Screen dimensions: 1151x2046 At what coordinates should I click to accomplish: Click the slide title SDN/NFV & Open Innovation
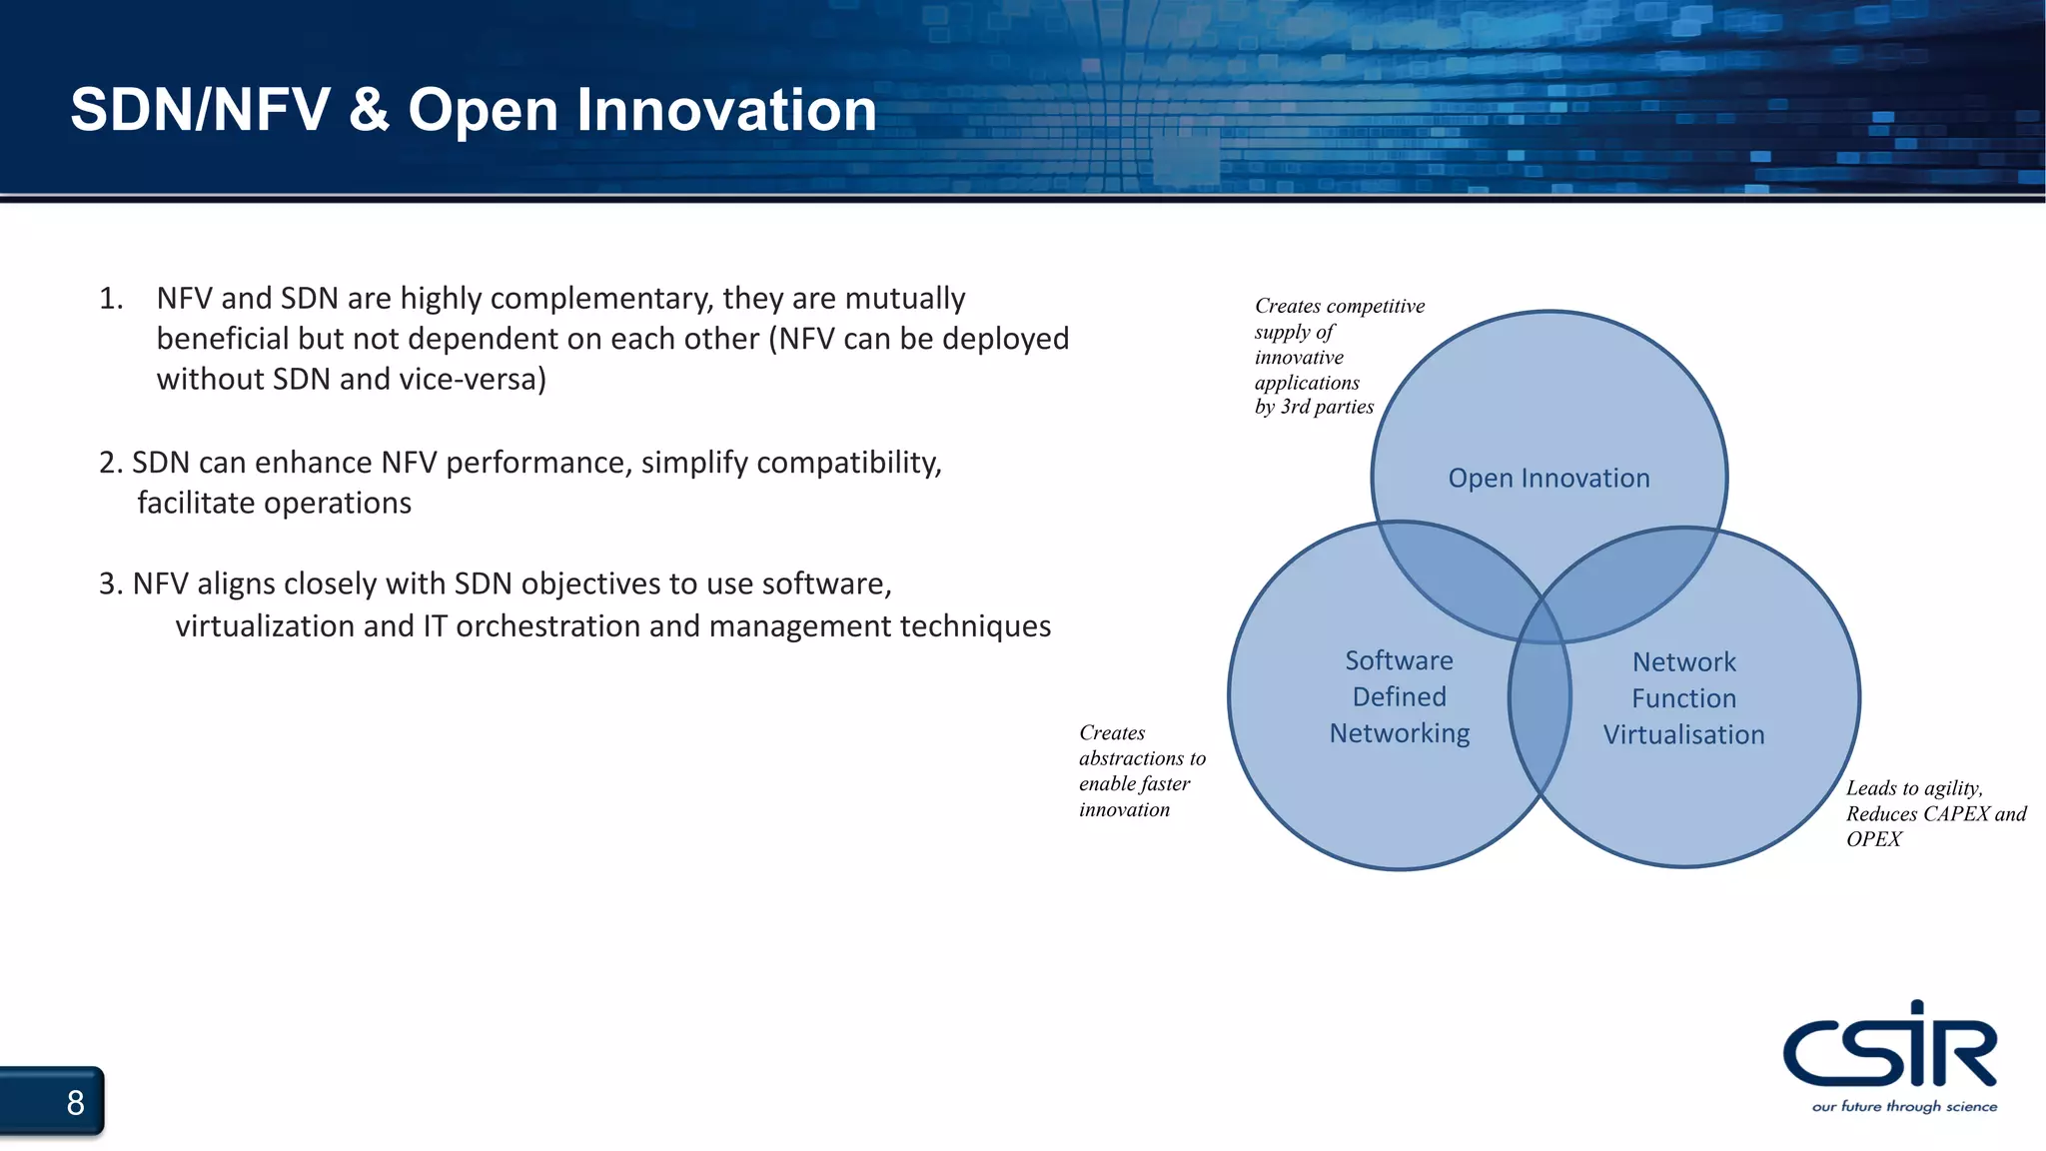click(474, 110)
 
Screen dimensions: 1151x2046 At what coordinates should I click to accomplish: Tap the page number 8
click(75, 1103)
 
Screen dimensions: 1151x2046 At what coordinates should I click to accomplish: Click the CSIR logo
click(1889, 1047)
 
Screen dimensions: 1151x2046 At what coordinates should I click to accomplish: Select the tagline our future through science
click(1904, 1107)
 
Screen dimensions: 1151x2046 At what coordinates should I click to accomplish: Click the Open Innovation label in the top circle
click(1548, 479)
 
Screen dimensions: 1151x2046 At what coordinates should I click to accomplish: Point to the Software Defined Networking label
click(1399, 696)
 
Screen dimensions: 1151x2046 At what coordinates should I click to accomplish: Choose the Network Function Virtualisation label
click(1684, 698)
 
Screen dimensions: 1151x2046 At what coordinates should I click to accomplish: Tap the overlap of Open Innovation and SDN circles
click(1449, 570)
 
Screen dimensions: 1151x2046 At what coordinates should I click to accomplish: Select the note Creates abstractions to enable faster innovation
click(1141, 771)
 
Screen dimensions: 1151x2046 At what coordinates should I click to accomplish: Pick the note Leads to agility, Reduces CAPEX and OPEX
click(1934, 813)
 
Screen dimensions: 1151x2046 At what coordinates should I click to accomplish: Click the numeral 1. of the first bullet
click(111, 299)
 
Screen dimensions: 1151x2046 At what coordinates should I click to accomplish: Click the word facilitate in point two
click(197, 503)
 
